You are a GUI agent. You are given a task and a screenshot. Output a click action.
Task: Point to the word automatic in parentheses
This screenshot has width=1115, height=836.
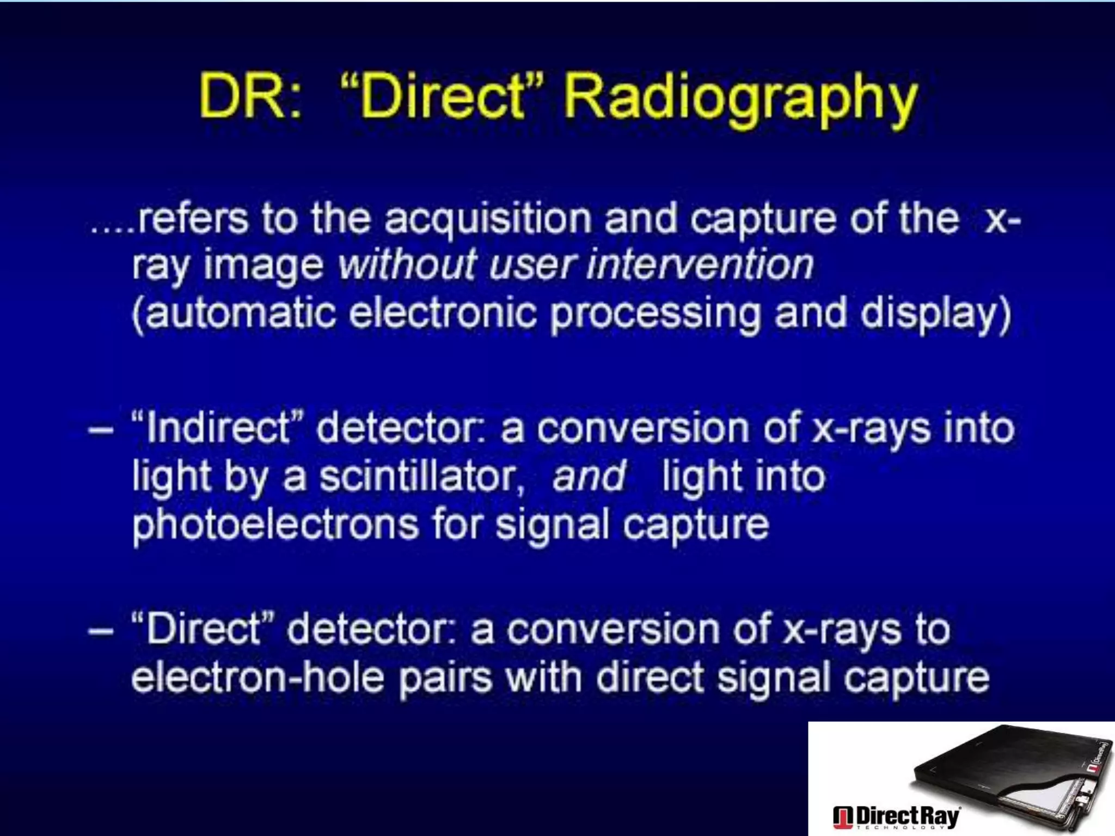(235, 313)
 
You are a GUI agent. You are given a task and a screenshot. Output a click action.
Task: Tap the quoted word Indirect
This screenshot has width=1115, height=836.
(216, 428)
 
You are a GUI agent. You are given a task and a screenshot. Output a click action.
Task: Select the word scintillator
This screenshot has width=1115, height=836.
(422, 477)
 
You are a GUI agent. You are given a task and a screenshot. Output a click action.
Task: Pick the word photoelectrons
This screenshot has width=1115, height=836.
(275, 525)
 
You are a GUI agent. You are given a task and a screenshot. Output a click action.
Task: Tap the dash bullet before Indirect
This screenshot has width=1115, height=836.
(101, 429)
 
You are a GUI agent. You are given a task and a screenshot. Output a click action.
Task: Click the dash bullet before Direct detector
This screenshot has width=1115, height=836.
(101, 630)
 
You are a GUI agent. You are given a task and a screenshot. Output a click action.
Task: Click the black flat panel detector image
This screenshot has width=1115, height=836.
(1007, 773)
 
